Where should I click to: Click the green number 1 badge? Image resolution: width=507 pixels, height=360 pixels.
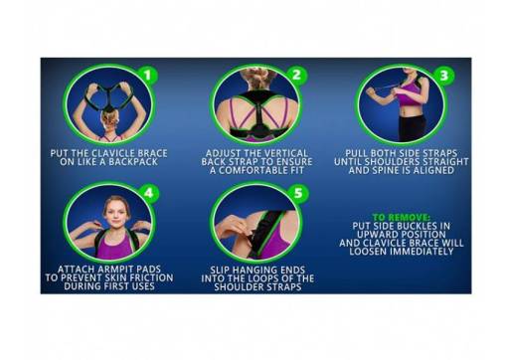(x=146, y=75)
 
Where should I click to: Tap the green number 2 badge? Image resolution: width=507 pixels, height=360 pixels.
(x=294, y=75)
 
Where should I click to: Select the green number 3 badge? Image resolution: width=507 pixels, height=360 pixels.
(x=442, y=75)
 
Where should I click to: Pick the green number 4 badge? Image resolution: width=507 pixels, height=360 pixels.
(x=146, y=192)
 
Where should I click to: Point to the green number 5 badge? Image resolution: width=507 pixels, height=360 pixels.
(x=294, y=192)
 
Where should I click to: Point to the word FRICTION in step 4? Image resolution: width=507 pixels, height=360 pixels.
(x=144, y=277)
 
